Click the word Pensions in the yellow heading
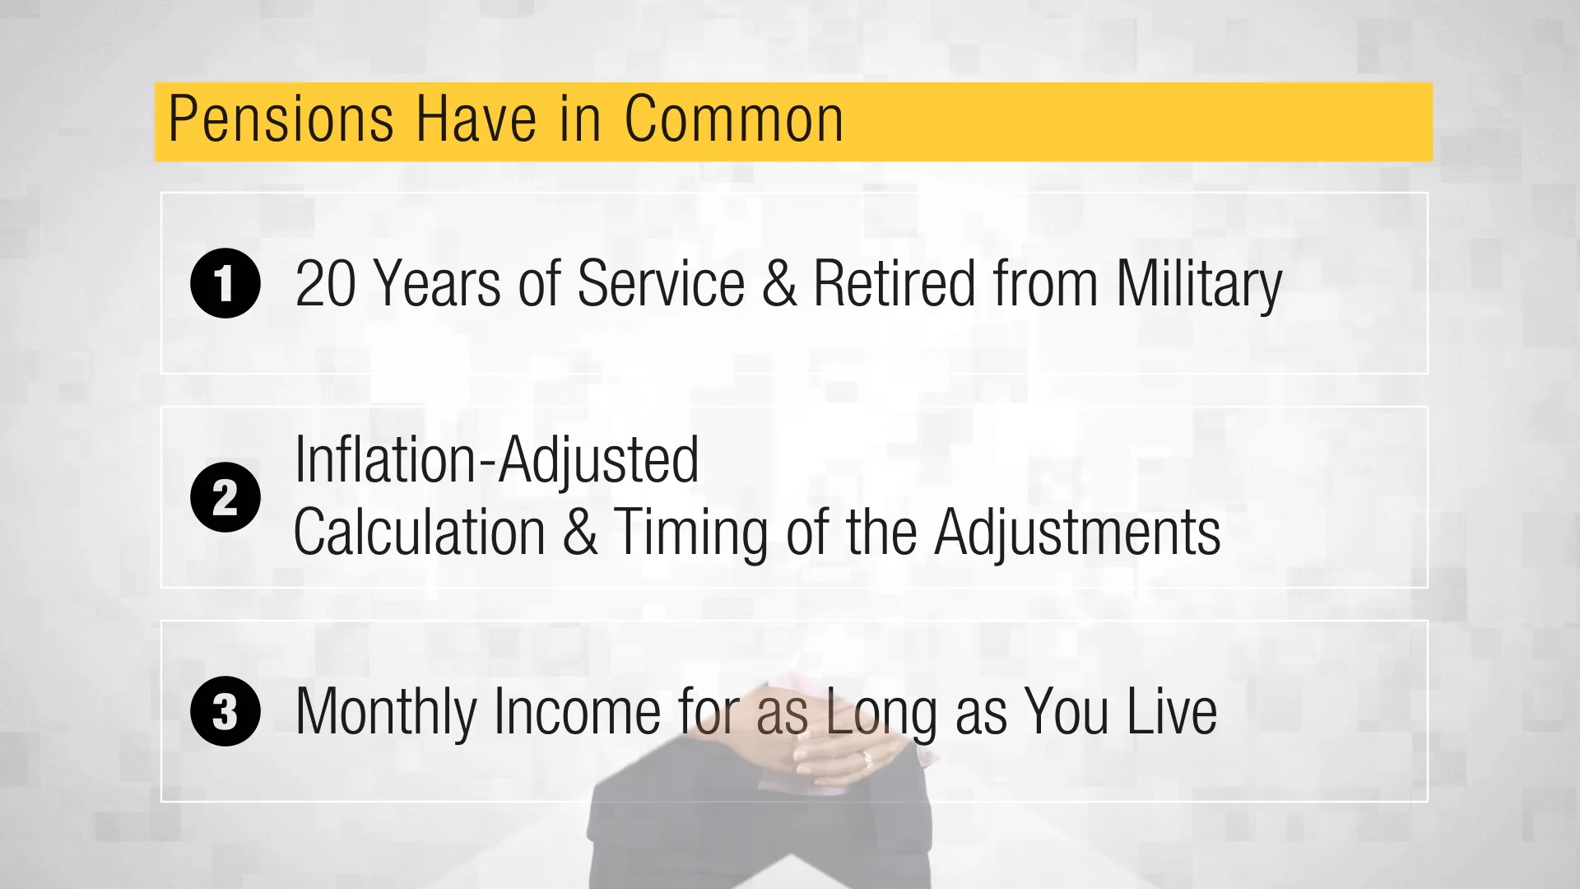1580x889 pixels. [x=280, y=120]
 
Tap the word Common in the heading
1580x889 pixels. [x=733, y=120]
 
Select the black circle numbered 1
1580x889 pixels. [x=225, y=283]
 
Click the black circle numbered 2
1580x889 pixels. [x=225, y=497]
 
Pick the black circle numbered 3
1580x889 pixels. [x=225, y=711]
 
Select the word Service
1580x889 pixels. [x=661, y=284]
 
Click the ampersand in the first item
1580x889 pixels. [x=778, y=284]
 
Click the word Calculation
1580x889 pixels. [x=420, y=532]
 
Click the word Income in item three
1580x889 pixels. [x=577, y=711]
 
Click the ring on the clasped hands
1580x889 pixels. [x=866, y=758]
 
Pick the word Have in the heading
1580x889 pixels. [x=476, y=120]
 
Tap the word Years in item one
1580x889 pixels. [x=437, y=284]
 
